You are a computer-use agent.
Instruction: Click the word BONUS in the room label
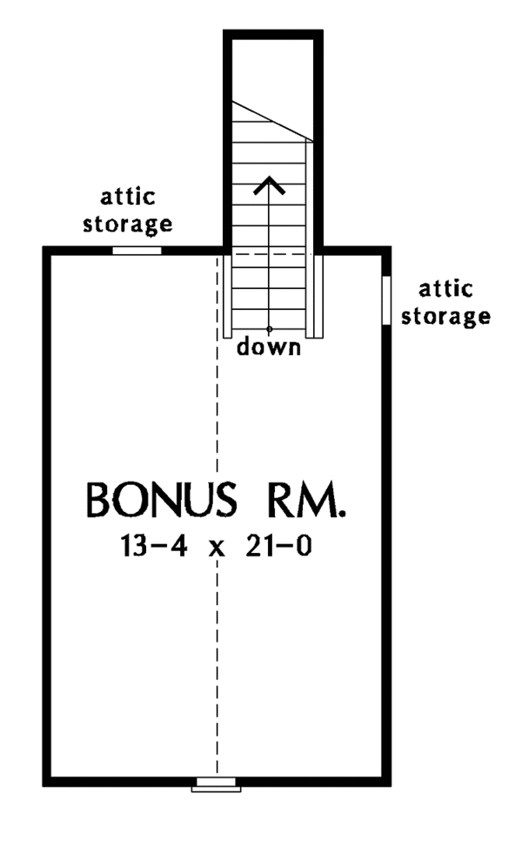coord(161,500)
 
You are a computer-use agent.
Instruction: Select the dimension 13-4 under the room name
coord(154,547)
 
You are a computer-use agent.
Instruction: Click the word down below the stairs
coord(269,347)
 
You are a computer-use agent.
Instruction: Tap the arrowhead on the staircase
coord(269,185)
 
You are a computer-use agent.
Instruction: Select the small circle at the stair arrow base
coord(269,328)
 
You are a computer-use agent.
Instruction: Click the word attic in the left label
coord(128,197)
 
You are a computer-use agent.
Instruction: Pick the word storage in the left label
coord(128,224)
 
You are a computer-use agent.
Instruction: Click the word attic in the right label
coord(445,289)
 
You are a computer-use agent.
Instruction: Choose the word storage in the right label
coord(445,316)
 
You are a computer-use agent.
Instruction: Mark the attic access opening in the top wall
coord(137,251)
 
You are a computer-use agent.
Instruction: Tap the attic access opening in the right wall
coord(386,300)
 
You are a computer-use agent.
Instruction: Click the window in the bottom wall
coord(217,785)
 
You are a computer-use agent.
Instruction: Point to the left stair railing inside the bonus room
coord(227,296)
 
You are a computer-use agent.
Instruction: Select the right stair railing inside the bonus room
coord(318,296)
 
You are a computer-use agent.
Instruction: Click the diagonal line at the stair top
coord(272,121)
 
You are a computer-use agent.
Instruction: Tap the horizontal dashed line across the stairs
coord(272,253)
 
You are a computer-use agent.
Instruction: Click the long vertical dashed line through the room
coord(217,515)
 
